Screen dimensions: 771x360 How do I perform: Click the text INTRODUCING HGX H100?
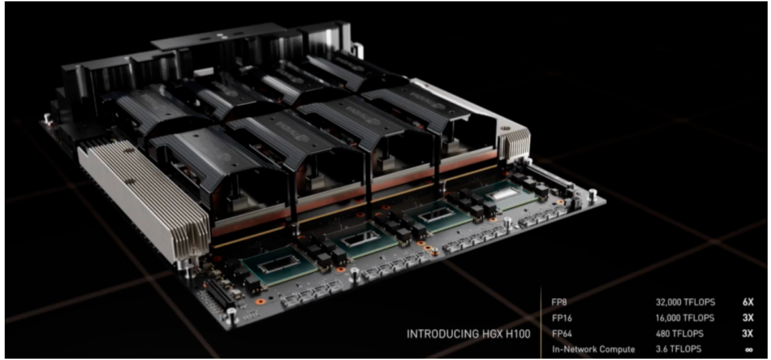[468, 334]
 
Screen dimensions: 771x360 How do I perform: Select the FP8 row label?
[559, 303]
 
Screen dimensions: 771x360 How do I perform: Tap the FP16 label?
[562, 318]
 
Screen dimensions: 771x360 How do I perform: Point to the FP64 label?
[562, 334]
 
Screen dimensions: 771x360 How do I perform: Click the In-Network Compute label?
[593, 350]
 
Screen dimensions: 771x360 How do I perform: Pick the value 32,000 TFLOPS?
[685, 303]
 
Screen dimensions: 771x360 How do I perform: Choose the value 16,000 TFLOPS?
[685, 318]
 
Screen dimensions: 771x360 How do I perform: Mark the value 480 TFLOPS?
[679, 334]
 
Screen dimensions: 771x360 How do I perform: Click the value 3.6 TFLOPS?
[678, 350]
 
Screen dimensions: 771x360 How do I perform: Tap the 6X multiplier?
[747, 303]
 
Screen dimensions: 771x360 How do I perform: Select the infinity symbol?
[749, 350]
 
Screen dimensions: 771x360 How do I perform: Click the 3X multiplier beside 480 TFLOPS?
[747, 334]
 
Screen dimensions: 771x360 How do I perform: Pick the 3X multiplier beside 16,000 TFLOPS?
[747, 318]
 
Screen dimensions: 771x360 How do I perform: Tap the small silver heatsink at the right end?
[514, 143]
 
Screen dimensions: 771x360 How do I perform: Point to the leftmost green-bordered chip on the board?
[279, 266]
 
